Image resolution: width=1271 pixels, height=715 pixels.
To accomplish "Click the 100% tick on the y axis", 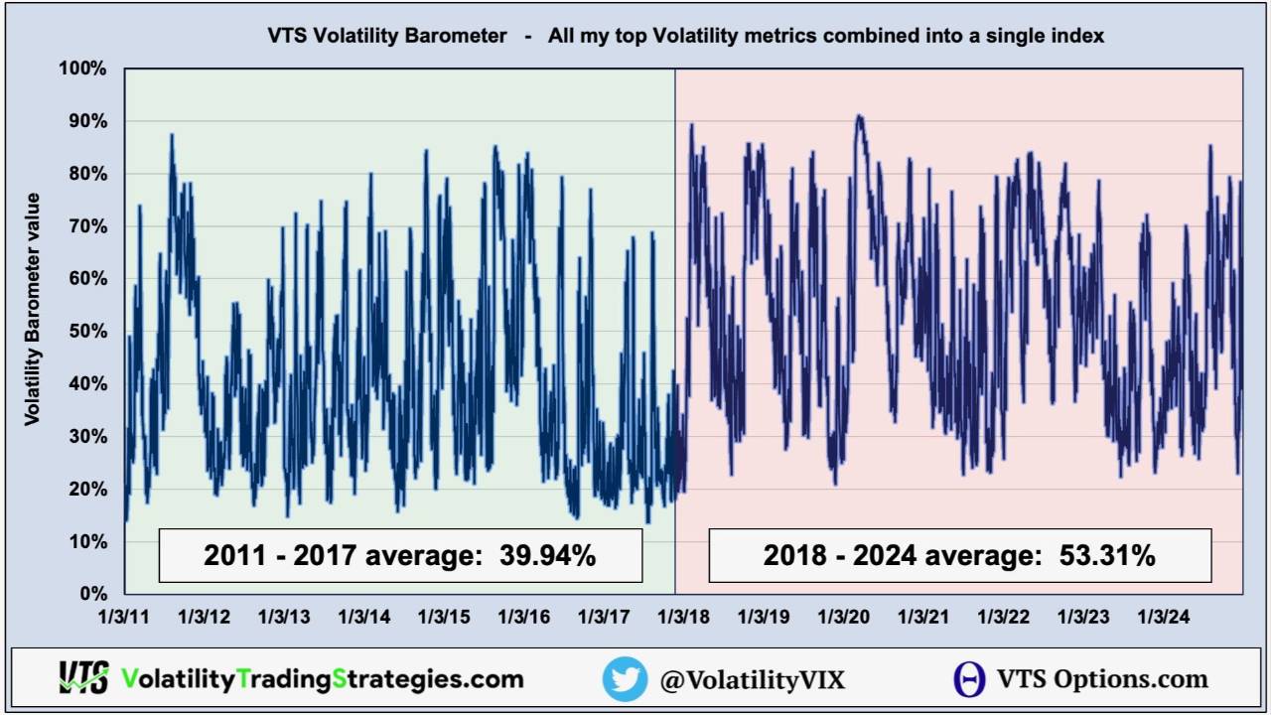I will pyautogui.click(x=84, y=69).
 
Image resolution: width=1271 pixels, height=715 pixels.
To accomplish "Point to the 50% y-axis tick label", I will pyautogui.click(x=88, y=331).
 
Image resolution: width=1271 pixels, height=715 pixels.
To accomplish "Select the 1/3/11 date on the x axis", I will pyautogui.click(x=123, y=617).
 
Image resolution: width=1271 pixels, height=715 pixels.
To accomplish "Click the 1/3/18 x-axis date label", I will pyautogui.click(x=683, y=617).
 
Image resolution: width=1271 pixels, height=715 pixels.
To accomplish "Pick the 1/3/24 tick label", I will pyautogui.click(x=1163, y=617).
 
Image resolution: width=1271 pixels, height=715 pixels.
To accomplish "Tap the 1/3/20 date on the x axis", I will pyautogui.click(x=843, y=617).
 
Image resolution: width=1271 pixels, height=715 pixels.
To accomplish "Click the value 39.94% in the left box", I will pyautogui.click(x=549, y=555).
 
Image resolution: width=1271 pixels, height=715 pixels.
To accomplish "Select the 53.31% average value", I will pyautogui.click(x=1108, y=555).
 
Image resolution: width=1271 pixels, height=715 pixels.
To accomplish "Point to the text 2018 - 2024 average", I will pyautogui.click(x=898, y=555).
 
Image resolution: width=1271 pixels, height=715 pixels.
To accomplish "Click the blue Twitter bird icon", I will pyautogui.click(x=625, y=679).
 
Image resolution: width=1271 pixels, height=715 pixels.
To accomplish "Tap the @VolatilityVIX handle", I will pyautogui.click(x=752, y=679).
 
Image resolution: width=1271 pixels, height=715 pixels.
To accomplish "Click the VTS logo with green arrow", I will pyautogui.click(x=82, y=678).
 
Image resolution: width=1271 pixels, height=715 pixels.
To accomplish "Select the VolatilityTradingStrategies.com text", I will pyautogui.click(x=322, y=679).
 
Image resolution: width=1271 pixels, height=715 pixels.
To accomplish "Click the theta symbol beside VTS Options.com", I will pyautogui.click(x=969, y=679).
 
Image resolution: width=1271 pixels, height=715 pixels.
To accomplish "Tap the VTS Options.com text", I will pyautogui.click(x=1102, y=679).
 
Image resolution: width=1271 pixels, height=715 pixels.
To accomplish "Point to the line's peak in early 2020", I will pyautogui.click(x=859, y=117).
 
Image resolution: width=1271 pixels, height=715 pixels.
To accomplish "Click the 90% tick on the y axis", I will pyautogui.click(x=88, y=121).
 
